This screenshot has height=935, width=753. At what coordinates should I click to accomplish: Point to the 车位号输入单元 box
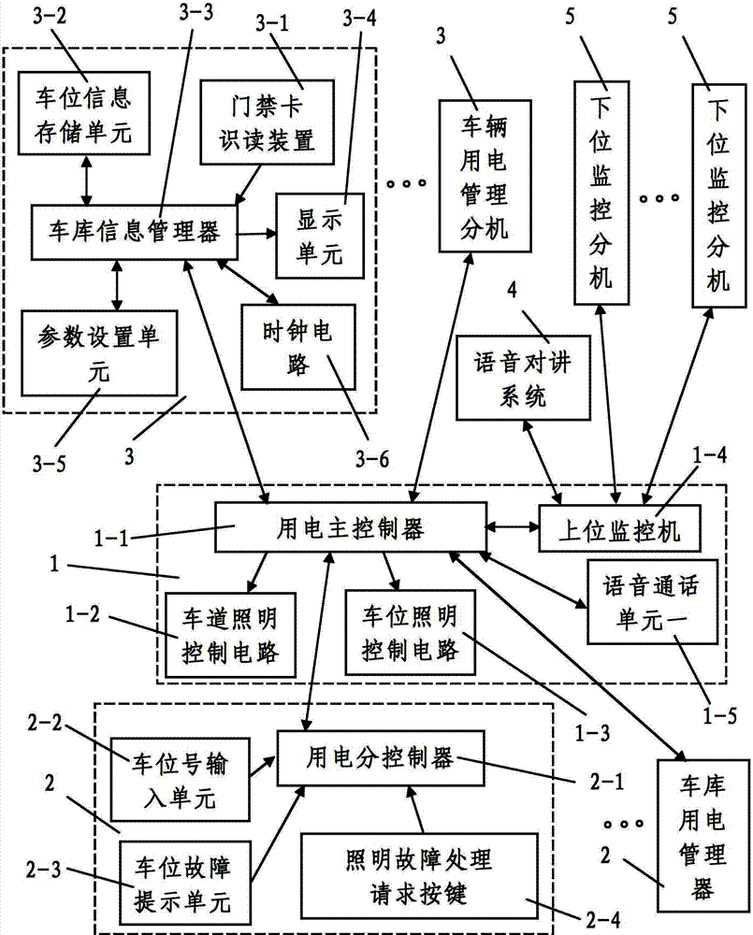179,775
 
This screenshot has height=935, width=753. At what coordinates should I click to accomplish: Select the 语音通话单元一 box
640,601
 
